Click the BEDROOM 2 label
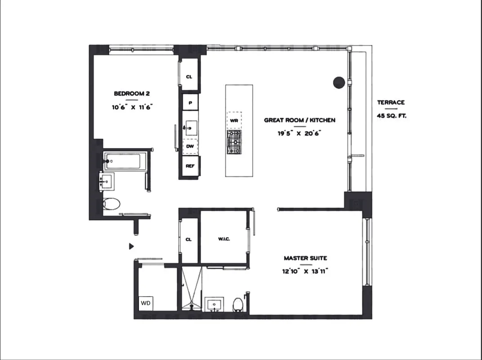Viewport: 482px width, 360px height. click(131, 94)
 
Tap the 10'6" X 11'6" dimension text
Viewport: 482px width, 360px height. click(133, 107)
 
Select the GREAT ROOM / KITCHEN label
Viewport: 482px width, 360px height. click(299, 120)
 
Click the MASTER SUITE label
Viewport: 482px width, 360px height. click(305, 258)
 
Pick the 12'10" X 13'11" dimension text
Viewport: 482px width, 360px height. click(305, 271)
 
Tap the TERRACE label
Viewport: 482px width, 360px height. click(391, 103)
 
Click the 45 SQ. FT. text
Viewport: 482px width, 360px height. click(391, 116)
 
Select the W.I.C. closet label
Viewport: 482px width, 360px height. click(224, 239)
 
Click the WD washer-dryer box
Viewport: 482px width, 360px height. click(146, 303)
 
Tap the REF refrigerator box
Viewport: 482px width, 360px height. click(190, 166)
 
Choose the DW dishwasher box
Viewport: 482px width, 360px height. click(190, 146)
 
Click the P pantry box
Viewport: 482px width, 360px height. click(190, 103)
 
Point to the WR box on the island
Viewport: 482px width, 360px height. click(234, 121)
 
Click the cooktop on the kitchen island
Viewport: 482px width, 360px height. click(234, 142)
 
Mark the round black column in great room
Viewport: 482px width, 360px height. click(339, 82)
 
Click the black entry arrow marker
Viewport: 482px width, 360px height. click(131, 246)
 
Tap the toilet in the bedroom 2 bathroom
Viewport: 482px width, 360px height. click(111, 204)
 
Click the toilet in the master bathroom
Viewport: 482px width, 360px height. click(239, 305)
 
